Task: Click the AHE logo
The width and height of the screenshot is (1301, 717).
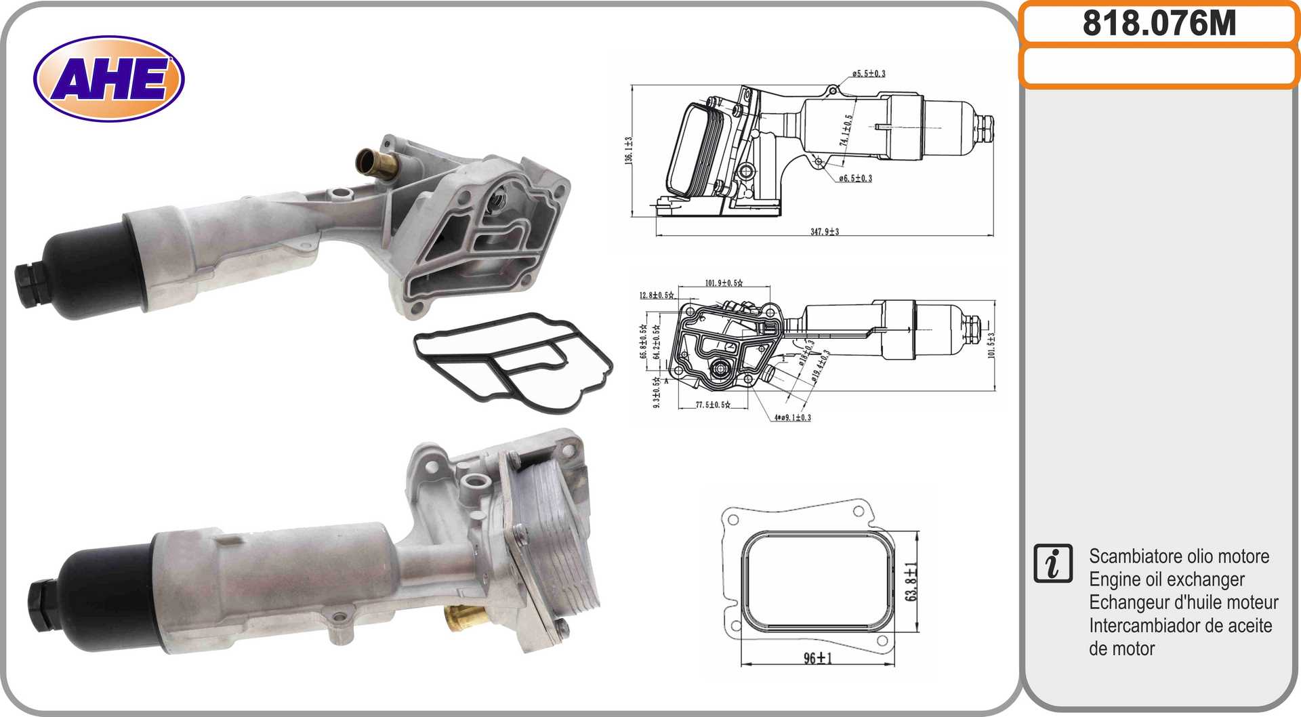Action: [108, 79]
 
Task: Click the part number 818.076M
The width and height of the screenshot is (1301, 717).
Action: [1159, 23]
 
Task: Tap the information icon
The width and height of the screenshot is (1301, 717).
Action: [1053, 563]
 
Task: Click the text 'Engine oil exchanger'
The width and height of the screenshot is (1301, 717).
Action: [1166, 579]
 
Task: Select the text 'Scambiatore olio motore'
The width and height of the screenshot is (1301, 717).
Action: [1178, 556]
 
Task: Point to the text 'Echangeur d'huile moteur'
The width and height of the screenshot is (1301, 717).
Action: [1183, 602]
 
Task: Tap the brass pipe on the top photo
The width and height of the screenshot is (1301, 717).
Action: [375, 163]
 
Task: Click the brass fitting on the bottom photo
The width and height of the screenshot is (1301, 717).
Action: [463, 617]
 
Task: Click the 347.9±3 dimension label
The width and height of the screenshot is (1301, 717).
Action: [825, 232]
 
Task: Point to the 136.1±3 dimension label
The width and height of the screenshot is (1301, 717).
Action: [629, 150]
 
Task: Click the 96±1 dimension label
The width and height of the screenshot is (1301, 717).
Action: [818, 658]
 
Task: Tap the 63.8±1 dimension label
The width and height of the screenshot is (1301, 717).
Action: [912, 581]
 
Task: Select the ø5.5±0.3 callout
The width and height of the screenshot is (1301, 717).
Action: [869, 74]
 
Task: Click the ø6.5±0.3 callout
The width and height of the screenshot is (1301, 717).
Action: [855, 179]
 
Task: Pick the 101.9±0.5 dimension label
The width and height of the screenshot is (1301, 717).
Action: [724, 283]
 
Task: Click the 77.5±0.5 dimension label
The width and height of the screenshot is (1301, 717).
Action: [713, 405]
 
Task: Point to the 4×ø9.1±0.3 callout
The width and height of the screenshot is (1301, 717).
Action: [792, 417]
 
